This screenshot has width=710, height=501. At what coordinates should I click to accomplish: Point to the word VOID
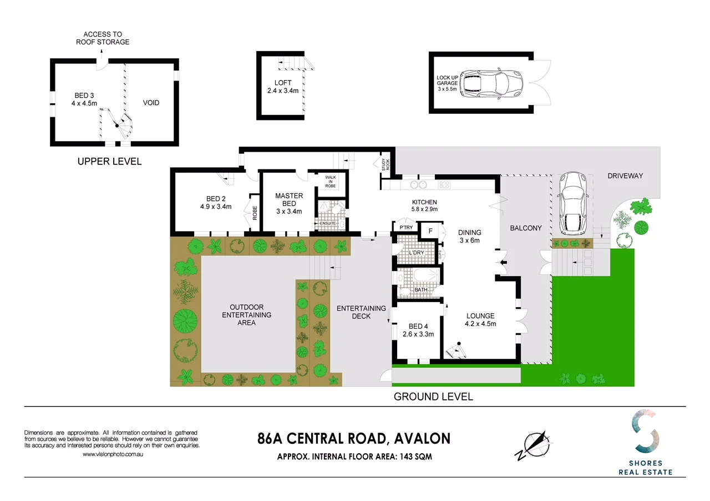[x=151, y=103]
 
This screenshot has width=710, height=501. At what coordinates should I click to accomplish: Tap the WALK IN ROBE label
[x=331, y=181]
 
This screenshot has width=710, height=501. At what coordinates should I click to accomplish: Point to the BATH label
[x=420, y=289]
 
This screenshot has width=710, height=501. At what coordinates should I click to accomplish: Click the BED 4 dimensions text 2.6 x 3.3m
[x=418, y=334]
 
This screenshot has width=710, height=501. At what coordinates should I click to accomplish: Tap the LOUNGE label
[x=480, y=315]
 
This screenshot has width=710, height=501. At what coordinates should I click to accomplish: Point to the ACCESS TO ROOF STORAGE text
[x=103, y=38]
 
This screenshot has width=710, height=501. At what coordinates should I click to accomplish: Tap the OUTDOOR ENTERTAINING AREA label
[x=246, y=314]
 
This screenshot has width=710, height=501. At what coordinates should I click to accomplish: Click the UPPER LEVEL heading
[x=109, y=162]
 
